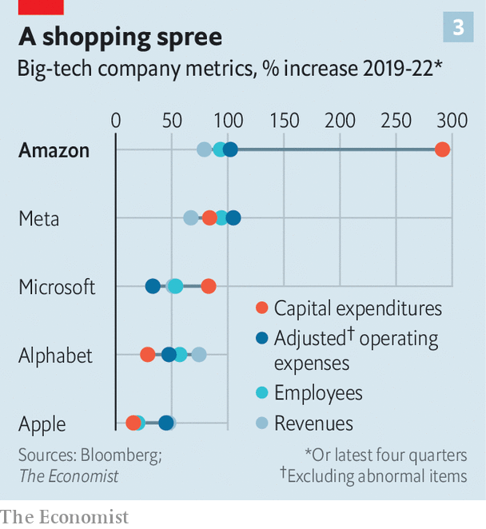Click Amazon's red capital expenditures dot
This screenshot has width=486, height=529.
pos(442,150)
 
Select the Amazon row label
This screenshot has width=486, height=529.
pos(54,150)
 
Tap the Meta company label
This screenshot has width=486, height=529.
pos(39,218)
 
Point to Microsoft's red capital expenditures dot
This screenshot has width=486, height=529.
pos(209,286)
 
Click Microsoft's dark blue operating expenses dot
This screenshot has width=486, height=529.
pos(153,286)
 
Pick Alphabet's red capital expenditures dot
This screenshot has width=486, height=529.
pos(147,355)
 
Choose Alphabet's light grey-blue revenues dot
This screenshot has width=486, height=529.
pos(199,355)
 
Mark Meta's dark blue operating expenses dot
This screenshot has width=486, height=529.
pos(233,218)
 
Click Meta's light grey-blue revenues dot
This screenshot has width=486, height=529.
pos(190,218)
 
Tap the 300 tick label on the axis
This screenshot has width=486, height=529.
pos(452,121)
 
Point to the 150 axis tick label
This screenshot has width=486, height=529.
pos(284,121)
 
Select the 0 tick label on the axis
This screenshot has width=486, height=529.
pos(116,121)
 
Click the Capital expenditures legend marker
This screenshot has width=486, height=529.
pos(261,308)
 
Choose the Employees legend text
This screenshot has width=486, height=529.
pos(318,393)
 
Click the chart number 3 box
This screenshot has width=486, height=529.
pos(458,28)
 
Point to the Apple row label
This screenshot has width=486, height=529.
pos(42,424)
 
